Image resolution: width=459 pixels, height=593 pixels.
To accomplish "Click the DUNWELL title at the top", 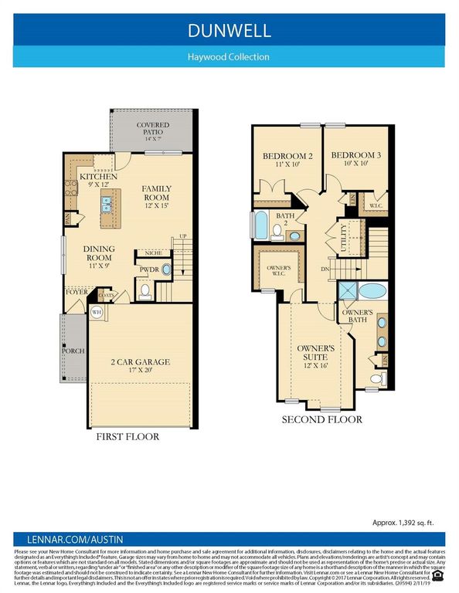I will point(229,31).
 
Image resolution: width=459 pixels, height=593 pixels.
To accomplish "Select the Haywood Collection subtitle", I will point(229,56).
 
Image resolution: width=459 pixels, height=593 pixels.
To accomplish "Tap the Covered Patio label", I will point(153,129).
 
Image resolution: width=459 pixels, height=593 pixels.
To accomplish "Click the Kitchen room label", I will point(99,181).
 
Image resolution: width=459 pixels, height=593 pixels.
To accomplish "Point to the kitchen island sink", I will point(107,204).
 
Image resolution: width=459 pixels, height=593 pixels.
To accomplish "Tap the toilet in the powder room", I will point(144,291).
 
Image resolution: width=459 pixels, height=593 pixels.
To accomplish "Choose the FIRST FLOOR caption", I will point(127,437).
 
